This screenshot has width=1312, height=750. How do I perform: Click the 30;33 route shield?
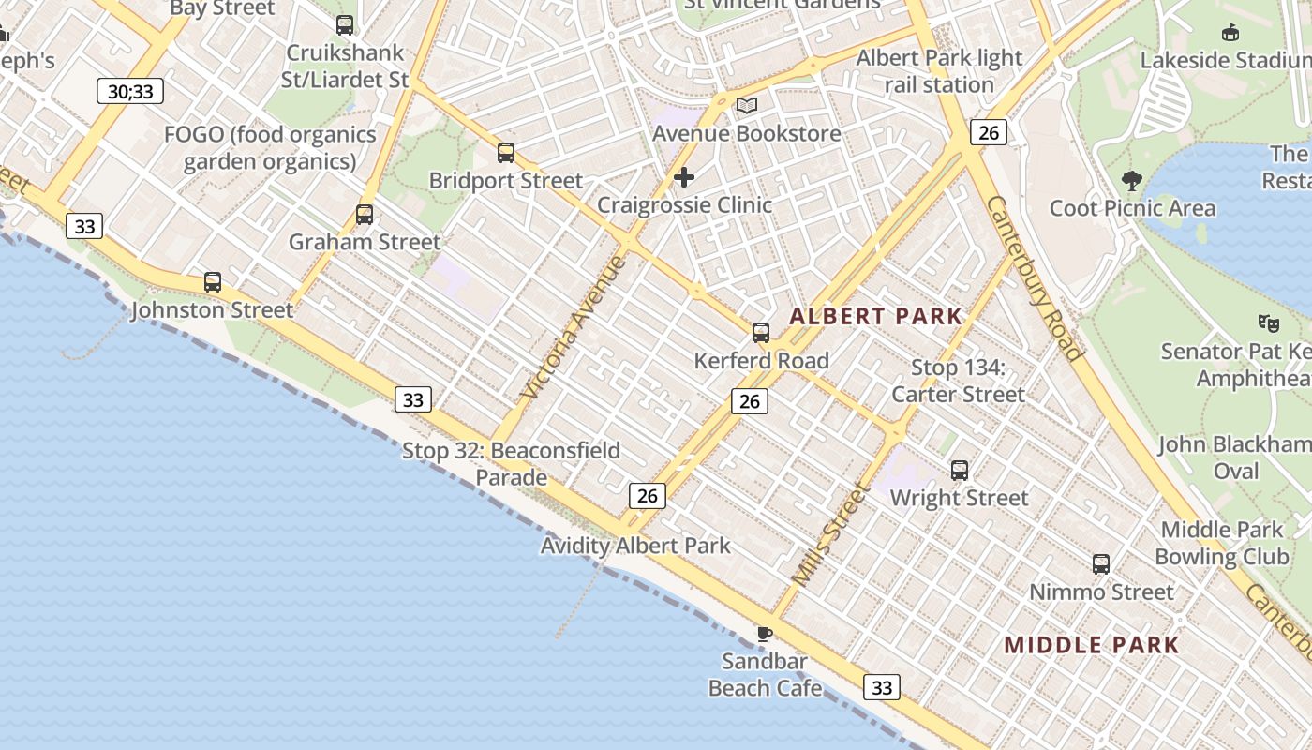tap(130, 91)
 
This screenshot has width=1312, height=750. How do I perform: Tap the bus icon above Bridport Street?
tap(506, 152)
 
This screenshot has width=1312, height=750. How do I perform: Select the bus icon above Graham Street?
tap(365, 215)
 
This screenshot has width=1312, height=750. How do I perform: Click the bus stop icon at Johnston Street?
tap(213, 282)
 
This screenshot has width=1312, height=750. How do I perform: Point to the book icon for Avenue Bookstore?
tap(747, 106)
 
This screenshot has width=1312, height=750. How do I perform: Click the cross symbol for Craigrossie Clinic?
tap(684, 177)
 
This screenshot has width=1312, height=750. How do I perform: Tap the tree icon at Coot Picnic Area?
tap(1132, 180)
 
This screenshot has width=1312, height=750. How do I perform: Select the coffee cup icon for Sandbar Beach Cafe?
tap(765, 634)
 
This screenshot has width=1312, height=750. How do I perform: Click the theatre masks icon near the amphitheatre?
tap(1269, 323)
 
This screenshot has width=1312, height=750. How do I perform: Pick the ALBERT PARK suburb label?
tap(875, 316)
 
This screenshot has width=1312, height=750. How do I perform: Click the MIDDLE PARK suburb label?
tap(1091, 645)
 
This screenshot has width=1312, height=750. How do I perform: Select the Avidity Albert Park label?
tap(635, 546)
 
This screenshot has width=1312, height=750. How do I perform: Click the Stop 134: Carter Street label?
tap(958, 381)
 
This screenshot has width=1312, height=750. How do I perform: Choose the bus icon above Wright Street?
tap(960, 470)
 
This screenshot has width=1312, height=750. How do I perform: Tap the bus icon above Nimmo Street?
tap(1101, 564)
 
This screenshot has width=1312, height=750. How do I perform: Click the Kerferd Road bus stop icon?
tap(761, 333)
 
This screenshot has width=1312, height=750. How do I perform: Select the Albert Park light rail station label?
tap(939, 71)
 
